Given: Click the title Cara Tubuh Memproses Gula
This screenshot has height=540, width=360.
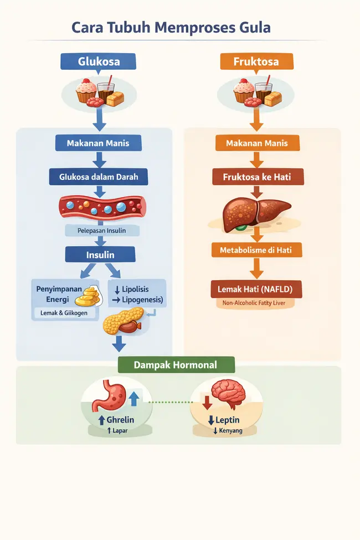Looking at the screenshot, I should (x=171, y=28).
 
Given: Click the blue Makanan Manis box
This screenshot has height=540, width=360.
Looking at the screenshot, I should (x=98, y=143).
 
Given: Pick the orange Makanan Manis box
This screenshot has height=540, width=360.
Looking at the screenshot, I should (x=257, y=143).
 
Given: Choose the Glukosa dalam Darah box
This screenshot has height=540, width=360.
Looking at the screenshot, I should (x=99, y=177).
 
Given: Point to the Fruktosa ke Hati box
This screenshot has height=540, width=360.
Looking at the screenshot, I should (x=256, y=177).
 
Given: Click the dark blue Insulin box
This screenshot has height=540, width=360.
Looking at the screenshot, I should (x=100, y=255).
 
